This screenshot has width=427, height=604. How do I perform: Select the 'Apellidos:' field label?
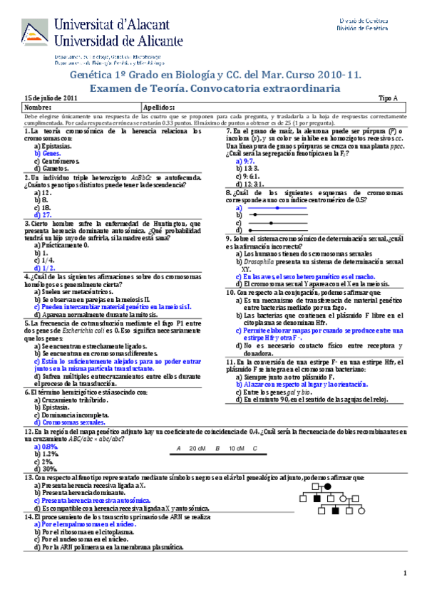pyautogui.click(x=160, y=106)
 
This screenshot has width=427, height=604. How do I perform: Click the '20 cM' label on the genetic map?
pyautogui.click(x=197, y=447)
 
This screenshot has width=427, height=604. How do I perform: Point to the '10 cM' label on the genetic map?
pyautogui.click(x=235, y=447)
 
